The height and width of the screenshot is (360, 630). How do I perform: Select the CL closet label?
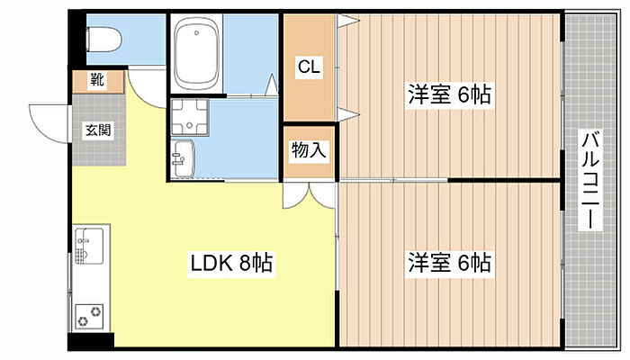tap(309, 66)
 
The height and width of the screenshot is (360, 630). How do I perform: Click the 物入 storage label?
tap(307, 151)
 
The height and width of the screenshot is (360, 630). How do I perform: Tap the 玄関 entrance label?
tap(98, 130)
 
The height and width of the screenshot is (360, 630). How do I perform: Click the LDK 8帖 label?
tap(230, 264)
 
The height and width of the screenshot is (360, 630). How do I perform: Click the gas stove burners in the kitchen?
tap(90, 315)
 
